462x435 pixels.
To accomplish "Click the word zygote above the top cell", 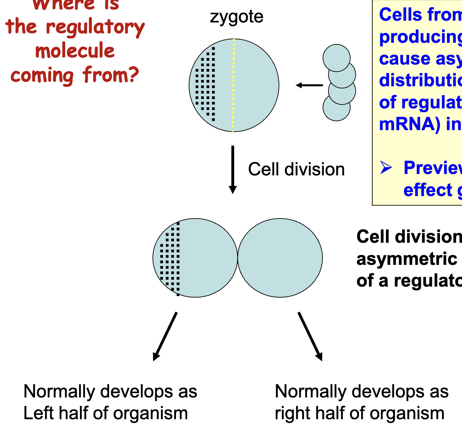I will [236, 17].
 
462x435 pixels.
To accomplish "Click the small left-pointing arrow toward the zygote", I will [309, 85].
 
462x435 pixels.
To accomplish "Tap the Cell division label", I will [296, 169].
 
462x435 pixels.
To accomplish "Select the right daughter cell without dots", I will [280, 258].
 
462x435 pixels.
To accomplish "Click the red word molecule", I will [75, 51].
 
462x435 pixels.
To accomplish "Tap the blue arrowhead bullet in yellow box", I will [386, 168].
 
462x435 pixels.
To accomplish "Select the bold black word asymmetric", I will [407, 259].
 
